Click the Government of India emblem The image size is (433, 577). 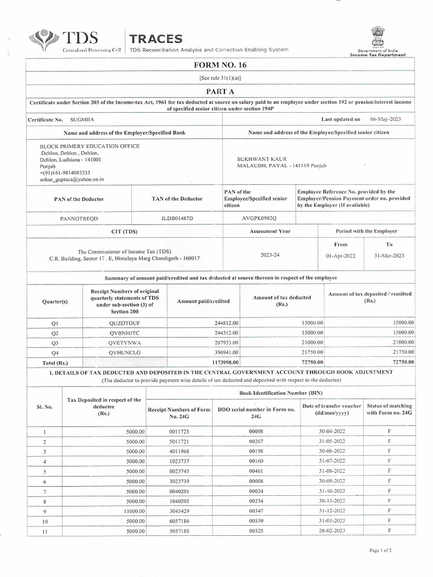coord(377,37)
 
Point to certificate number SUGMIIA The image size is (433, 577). coord(83,120)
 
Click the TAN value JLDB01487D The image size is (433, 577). coord(176,218)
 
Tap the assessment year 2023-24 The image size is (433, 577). coord(269,255)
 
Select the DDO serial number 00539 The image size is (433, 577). coord(256,522)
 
